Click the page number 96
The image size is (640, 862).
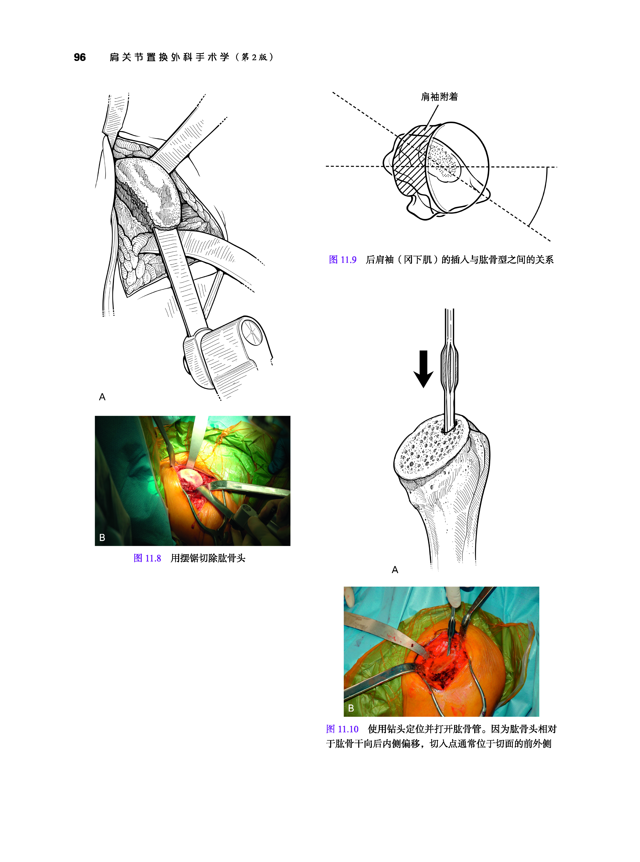click(x=80, y=57)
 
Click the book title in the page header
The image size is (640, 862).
click(x=191, y=57)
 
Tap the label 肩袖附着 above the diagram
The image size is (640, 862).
click(x=439, y=97)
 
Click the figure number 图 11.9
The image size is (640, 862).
click(x=342, y=259)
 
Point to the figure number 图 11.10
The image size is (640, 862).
click(x=342, y=729)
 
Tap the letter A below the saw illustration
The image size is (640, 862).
click(x=102, y=397)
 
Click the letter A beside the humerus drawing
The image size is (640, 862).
click(x=395, y=570)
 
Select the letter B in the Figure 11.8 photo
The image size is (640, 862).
click(x=102, y=537)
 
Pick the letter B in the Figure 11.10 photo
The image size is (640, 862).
click(x=351, y=708)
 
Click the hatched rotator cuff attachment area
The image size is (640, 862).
click(x=411, y=167)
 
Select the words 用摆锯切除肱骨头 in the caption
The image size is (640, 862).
click(x=208, y=558)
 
